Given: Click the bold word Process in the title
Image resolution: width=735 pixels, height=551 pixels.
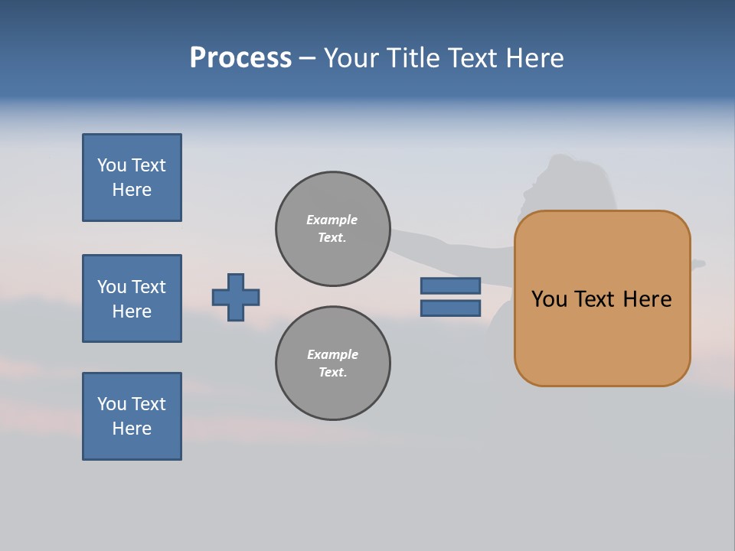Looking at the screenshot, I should coord(240,57).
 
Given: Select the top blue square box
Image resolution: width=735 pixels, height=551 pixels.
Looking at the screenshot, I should coord(132,178).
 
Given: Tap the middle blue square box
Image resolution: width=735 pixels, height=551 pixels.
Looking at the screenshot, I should coord(132,298).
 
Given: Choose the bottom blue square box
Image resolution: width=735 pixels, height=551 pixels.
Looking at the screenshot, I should coord(132,416).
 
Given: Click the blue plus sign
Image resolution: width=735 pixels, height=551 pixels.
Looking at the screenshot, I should coord(236,297).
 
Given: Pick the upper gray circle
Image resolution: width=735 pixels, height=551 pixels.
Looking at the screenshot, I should coord(332,229).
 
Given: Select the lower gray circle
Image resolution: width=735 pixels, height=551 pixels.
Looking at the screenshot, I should coord(332,364).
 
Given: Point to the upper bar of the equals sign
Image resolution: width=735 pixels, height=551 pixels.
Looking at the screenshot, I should coord(450,285).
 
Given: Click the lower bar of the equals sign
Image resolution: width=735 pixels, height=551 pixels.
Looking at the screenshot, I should coord(450,308).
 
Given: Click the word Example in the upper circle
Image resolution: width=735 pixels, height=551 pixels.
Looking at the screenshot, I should coord(332,220).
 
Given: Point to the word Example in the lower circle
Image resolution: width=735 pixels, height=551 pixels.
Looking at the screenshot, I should coord(332,354).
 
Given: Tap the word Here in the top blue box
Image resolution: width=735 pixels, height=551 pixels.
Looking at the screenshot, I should coord(132,190).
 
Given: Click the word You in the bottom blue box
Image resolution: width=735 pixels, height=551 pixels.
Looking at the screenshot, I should coord(112,403).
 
